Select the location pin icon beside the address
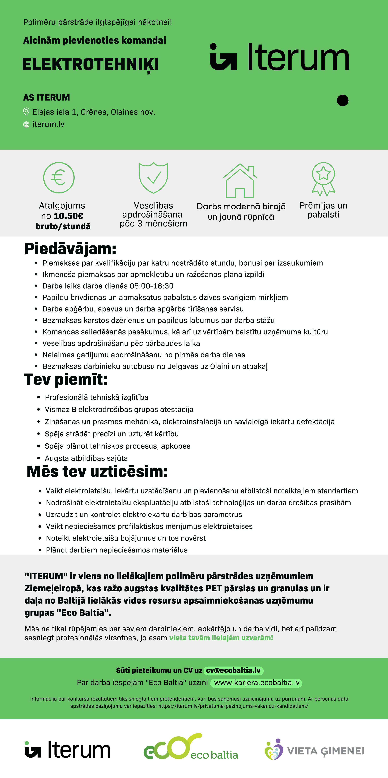26,112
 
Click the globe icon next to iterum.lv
26,124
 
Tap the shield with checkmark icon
153,178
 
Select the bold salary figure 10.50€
68,216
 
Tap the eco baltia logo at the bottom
191,748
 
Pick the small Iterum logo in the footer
67,750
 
